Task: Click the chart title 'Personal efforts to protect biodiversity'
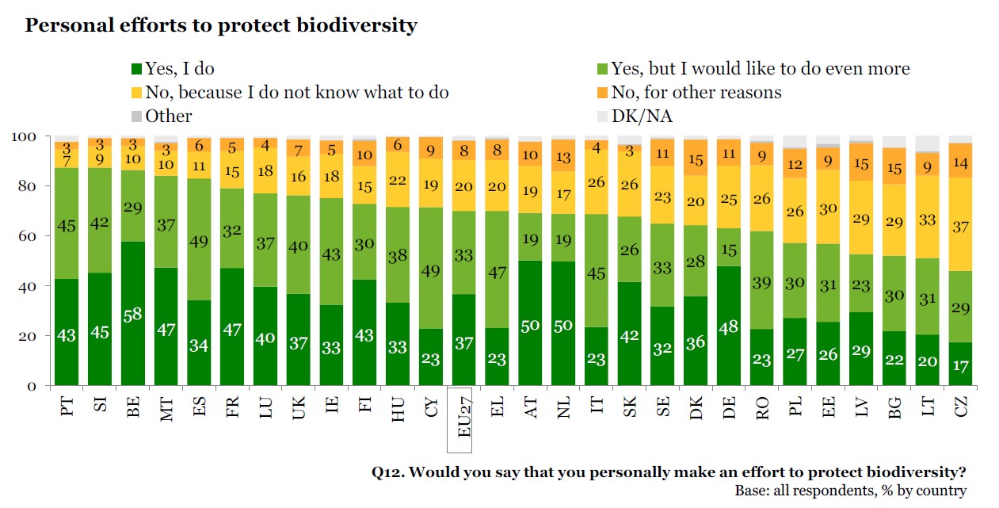pyautogui.click(x=221, y=25)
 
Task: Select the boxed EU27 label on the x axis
pyautogui.click(x=463, y=412)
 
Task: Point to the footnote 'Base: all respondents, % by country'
pyautogui.click(x=850, y=491)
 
